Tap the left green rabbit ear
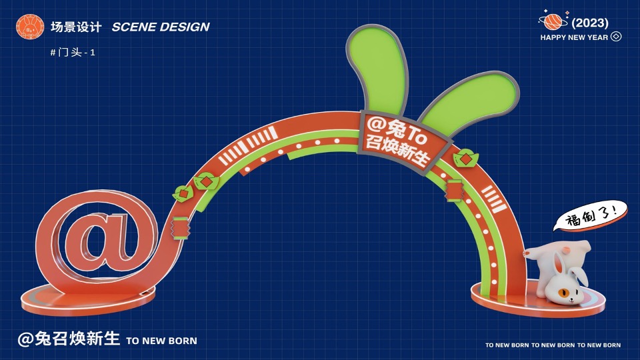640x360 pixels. [377, 67]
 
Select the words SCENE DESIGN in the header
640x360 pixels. [161, 27]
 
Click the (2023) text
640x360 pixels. [590, 23]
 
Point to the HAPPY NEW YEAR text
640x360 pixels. [574, 37]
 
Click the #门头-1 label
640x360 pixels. [73, 52]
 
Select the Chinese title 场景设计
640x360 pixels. [76, 27]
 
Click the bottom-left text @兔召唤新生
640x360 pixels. [69, 339]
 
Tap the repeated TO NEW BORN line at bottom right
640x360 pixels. [553, 345]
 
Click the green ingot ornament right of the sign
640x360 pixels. [463, 159]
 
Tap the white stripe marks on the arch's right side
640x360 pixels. [493, 198]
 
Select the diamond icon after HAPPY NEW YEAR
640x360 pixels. [616, 37]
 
